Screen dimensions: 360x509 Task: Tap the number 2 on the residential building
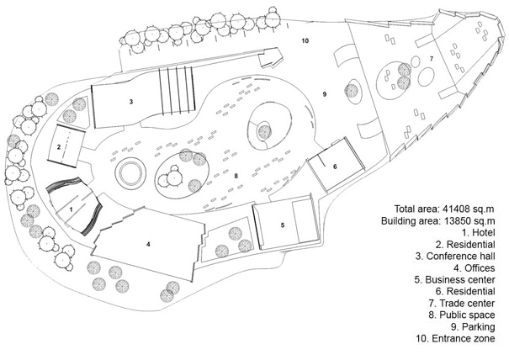click(59, 146)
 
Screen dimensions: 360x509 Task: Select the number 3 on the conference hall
click(131, 100)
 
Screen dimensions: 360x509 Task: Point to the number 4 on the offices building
click(147, 244)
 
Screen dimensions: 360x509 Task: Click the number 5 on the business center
click(283, 225)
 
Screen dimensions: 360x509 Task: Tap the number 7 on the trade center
click(431, 58)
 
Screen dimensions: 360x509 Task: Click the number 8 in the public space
click(236, 176)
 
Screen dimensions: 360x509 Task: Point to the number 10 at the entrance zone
click(305, 40)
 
